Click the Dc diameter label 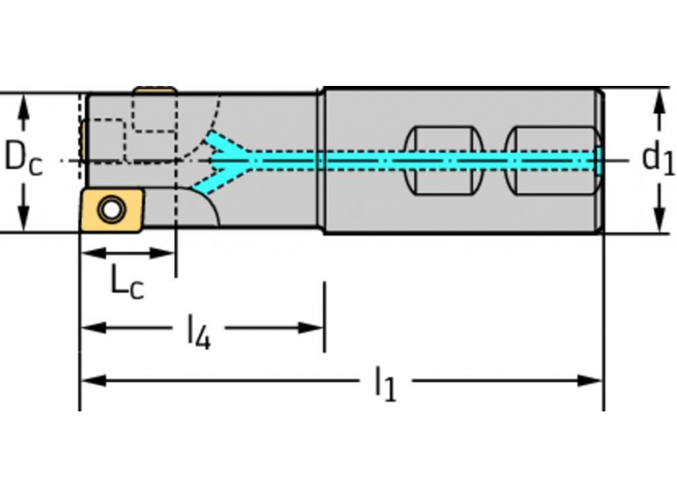(23, 159)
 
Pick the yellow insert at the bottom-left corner (112, 210)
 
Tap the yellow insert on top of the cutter (155, 89)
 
